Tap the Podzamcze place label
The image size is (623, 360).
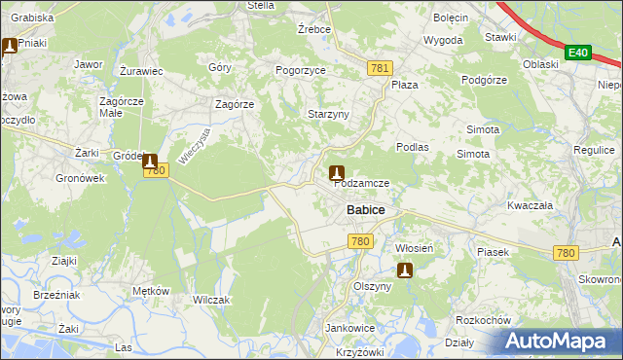pos(362,183)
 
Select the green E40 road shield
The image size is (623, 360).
pos(577,53)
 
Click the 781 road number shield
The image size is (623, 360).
pos(381,67)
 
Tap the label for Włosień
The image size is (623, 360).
pos(420,248)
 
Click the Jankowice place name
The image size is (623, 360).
pos(350,328)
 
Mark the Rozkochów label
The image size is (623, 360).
pos(483,320)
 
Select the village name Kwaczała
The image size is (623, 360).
pos(530,205)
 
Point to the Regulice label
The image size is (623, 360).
pos(594,151)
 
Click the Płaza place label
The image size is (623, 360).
pos(404,85)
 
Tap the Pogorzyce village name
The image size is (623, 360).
pos(301,71)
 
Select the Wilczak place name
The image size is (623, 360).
pos(211,300)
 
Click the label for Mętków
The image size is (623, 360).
pos(151,291)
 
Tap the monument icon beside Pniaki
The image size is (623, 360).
pos(10,46)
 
